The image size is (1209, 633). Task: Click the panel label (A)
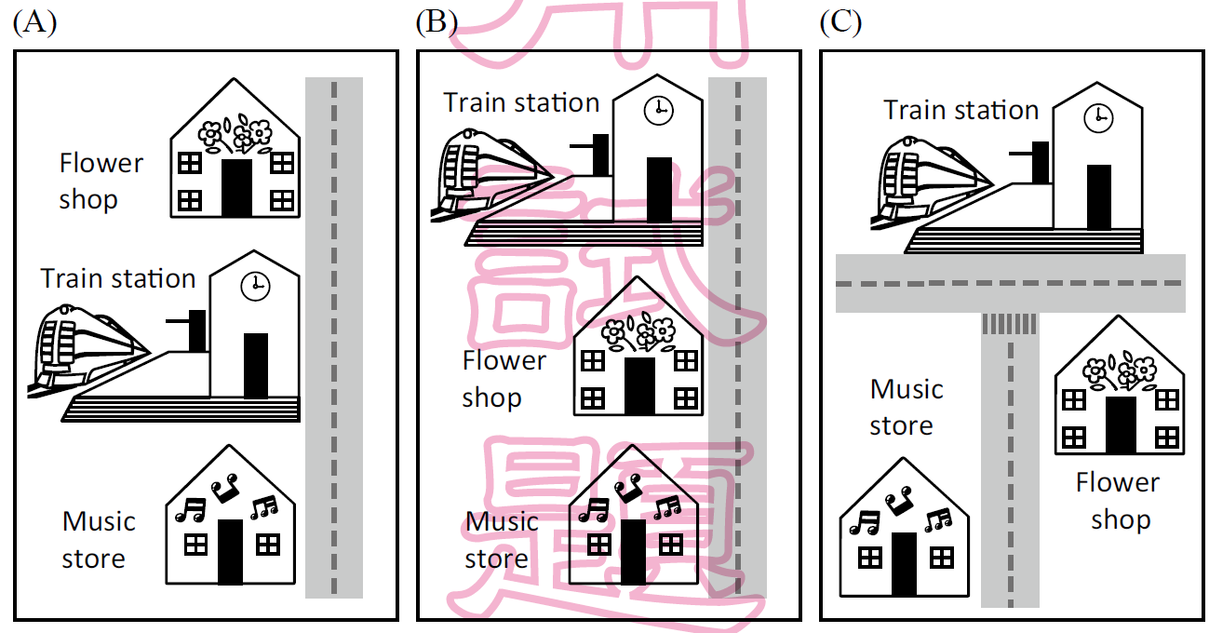[x=35, y=22]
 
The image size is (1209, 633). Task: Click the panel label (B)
[x=437, y=22]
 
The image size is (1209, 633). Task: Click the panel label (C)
[x=840, y=22]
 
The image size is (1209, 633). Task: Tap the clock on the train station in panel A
[x=254, y=287]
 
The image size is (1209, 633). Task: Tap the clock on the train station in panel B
[x=658, y=110]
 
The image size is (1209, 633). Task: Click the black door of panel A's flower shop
[x=236, y=187]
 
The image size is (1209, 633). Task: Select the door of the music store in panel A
[x=229, y=551]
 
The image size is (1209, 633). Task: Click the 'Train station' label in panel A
[x=118, y=278]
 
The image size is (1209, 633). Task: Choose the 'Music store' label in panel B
[x=502, y=540]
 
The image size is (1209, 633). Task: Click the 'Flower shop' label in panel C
[x=1118, y=501]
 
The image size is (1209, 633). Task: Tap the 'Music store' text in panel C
[x=907, y=407]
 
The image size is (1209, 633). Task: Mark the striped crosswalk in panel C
[x=1010, y=323]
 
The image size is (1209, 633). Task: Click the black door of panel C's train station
[x=1099, y=196]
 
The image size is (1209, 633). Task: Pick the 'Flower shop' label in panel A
[x=101, y=181]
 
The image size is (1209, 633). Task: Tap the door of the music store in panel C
[x=904, y=564]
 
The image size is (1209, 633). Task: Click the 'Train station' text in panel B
[x=521, y=102]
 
